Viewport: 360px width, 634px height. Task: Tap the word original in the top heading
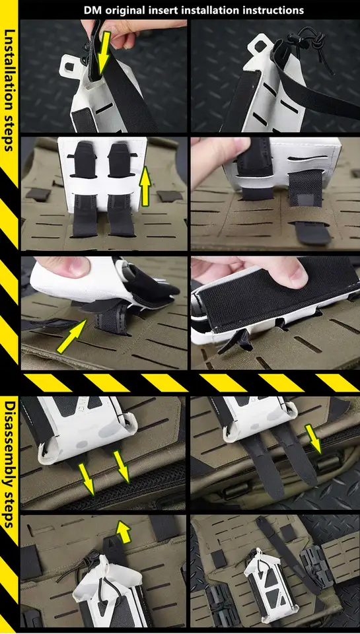click(x=123, y=11)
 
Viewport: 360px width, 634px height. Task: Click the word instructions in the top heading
click(x=269, y=10)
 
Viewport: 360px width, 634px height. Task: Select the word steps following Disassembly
click(x=9, y=507)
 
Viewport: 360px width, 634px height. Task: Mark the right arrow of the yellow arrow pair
click(x=122, y=468)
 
